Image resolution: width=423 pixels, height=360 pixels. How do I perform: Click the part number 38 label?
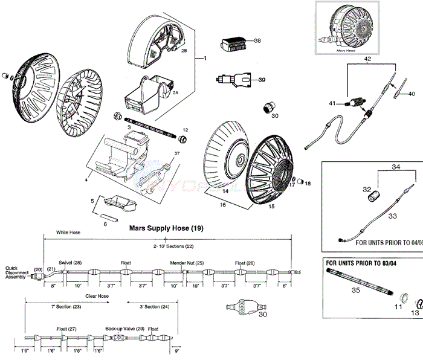click(x=241, y=40)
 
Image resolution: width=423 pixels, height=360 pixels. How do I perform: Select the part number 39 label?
click(x=245, y=80)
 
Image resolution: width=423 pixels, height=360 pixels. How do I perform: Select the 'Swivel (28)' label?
click(x=69, y=263)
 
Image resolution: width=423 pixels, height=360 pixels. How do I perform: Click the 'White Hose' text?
click(x=68, y=232)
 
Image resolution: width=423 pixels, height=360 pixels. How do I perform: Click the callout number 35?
click(x=355, y=291)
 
